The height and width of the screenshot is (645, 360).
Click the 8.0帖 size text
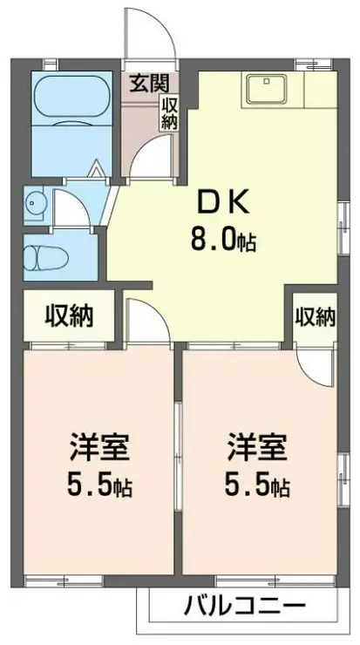pos(223,239)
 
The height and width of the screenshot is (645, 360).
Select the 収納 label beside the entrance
pos(168,112)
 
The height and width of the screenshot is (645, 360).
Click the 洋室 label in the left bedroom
pos(100,451)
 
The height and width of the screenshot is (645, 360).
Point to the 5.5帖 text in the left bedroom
pos(100,485)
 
